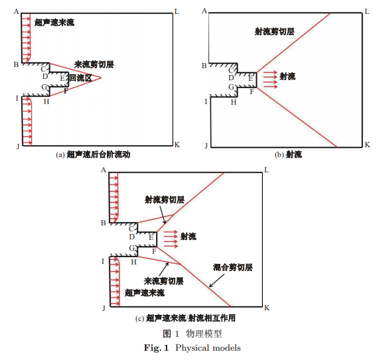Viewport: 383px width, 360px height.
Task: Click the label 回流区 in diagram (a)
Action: [x=80, y=78]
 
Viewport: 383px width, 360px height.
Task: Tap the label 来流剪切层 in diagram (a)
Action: [x=94, y=64]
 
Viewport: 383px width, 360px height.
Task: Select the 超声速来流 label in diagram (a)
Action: [x=54, y=23]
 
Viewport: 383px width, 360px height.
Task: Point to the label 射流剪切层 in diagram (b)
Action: [x=275, y=31]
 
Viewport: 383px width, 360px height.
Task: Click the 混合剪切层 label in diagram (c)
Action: [x=233, y=267]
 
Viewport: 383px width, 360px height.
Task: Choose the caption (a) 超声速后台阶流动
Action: [x=93, y=154]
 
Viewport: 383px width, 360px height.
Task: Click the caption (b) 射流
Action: [x=288, y=154]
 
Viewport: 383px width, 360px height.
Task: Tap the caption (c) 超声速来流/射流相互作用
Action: [x=185, y=318]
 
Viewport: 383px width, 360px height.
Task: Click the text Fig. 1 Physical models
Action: [x=192, y=348]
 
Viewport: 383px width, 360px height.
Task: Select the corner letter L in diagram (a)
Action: [x=177, y=12]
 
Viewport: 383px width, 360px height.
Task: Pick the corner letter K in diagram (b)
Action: [x=367, y=145]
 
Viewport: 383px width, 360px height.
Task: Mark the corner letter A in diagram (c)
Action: [x=104, y=170]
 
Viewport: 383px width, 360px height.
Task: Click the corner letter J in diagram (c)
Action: [x=104, y=308]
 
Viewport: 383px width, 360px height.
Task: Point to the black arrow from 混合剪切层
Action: [x=216, y=280]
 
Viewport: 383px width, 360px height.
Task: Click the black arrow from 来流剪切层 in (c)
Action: [x=164, y=269]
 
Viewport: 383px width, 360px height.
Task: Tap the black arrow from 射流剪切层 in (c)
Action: [x=163, y=215]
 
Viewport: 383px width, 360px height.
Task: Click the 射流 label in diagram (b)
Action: [x=287, y=77]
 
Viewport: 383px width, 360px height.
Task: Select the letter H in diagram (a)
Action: [x=46, y=101]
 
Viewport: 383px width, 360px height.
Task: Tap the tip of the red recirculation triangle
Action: [x=101, y=78]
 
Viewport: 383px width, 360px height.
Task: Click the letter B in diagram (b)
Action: [x=204, y=66]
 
